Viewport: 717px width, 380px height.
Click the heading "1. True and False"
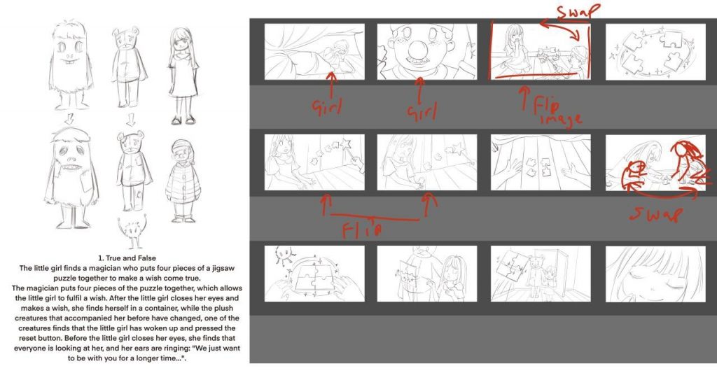[127, 258]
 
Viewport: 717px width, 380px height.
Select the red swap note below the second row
[655, 213]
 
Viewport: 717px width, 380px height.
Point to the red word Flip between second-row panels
[361, 229]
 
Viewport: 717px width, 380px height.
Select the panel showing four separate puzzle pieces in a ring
[655, 52]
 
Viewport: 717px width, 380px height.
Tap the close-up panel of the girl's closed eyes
[655, 274]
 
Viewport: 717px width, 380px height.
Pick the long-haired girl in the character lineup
[183, 76]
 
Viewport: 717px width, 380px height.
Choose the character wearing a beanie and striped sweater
[183, 181]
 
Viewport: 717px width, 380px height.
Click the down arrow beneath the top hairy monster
[69, 120]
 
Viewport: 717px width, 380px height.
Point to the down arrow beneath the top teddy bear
[131, 120]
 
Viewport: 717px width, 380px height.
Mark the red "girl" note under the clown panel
[422, 111]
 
